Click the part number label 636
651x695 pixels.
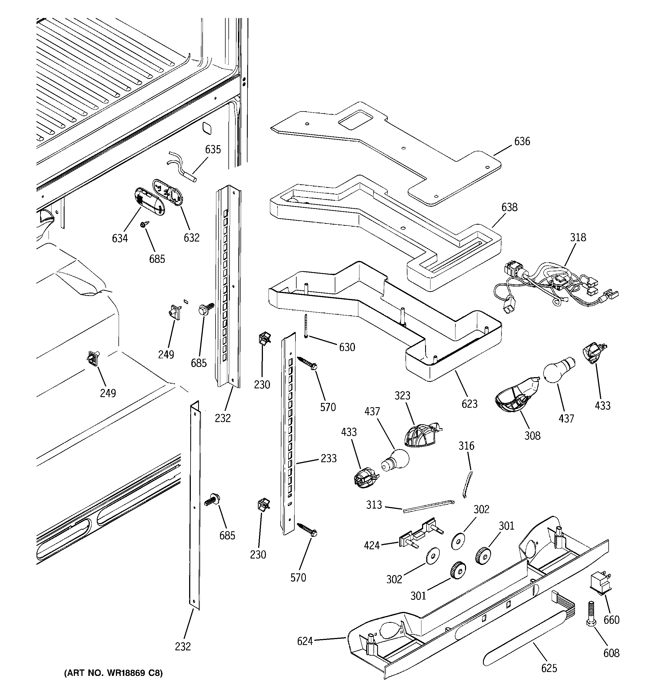[522, 141]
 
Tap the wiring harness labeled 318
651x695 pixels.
[556, 287]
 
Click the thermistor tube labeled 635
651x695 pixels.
[182, 168]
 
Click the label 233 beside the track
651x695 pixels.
[329, 458]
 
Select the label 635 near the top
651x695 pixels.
[213, 149]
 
